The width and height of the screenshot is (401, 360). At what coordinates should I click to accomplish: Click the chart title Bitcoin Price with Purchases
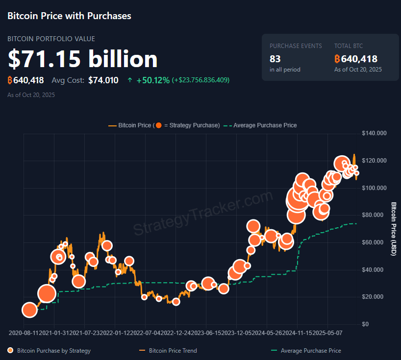(69, 16)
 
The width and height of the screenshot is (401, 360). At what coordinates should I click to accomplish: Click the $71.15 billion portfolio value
(82, 59)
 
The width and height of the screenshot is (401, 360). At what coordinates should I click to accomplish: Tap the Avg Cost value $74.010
(103, 80)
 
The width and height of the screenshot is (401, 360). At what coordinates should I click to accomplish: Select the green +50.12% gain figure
(153, 80)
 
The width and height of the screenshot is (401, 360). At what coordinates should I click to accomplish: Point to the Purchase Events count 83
(275, 59)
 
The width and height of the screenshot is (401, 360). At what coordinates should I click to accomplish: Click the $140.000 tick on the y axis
(374, 133)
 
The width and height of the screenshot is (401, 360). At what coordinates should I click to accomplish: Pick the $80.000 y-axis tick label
(374, 215)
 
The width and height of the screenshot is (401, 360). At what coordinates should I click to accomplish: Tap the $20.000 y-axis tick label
(374, 297)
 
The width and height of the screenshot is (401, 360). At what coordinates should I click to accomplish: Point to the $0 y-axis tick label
(365, 324)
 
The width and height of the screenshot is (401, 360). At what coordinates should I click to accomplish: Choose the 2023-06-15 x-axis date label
(206, 333)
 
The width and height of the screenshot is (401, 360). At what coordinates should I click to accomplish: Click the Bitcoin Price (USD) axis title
(393, 228)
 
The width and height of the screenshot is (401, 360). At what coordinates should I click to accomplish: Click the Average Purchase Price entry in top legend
(265, 125)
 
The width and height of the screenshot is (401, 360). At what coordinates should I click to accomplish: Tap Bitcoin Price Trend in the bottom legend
(173, 351)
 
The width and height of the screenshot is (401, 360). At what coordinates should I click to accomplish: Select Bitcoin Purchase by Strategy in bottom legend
(53, 351)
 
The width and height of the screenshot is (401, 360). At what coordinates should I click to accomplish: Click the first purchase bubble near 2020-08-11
(29, 310)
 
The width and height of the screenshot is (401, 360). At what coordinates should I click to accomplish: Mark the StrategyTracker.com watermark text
(202, 213)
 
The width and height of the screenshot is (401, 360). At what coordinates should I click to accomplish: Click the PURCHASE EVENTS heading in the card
(296, 46)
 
